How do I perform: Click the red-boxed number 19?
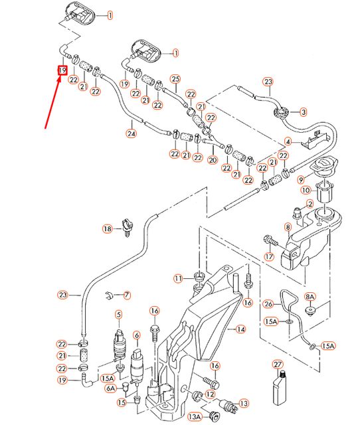click(x=62, y=70)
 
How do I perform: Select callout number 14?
click(x=240, y=329)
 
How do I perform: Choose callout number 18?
click(x=108, y=229)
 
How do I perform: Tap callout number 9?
click(x=301, y=179)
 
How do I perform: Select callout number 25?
click(x=175, y=78)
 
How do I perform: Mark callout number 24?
click(x=131, y=133)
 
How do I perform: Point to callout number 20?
click(x=213, y=160)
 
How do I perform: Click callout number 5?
click(x=119, y=314)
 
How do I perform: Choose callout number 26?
click(x=268, y=304)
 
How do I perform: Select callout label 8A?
click(x=310, y=297)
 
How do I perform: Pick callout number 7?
click(x=128, y=294)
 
